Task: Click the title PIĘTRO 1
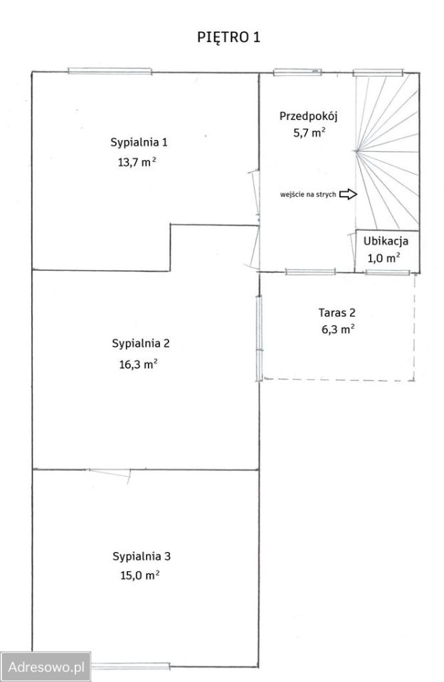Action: (x=228, y=38)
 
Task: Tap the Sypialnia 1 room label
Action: (x=139, y=142)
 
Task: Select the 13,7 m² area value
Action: (x=137, y=162)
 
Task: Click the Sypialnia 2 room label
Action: (x=141, y=343)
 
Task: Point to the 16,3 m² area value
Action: (x=139, y=364)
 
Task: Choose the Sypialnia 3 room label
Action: (x=142, y=556)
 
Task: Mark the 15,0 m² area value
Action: (x=140, y=575)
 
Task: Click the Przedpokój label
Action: (x=309, y=117)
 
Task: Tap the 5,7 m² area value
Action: (x=310, y=133)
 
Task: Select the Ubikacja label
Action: (x=386, y=241)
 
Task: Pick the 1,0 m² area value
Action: (x=384, y=259)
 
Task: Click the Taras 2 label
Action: (x=337, y=313)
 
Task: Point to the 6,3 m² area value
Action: (x=338, y=329)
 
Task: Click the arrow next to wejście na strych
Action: (x=348, y=194)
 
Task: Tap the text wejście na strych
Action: (x=308, y=195)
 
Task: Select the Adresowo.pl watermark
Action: (x=46, y=666)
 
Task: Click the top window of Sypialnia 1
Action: (x=110, y=71)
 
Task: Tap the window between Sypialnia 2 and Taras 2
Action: (x=259, y=338)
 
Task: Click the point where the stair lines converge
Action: (x=356, y=151)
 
